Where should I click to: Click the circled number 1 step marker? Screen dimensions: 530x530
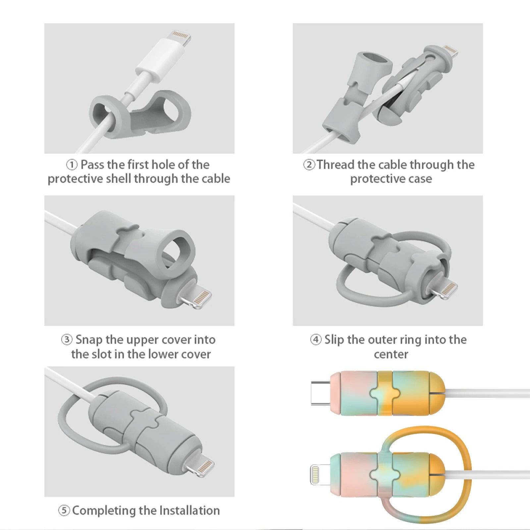point(72,165)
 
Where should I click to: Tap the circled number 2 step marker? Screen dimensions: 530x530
point(309,165)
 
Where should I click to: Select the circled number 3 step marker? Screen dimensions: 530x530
point(67,340)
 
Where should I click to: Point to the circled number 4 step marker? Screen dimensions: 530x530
point(316,340)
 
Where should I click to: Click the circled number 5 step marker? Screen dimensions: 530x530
point(64,510)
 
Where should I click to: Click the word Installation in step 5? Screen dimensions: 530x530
point(189,510)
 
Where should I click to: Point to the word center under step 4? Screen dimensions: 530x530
point(391,354)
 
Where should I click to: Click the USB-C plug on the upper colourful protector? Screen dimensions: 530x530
point(321,393)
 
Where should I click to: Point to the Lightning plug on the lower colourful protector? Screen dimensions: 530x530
point(321,474)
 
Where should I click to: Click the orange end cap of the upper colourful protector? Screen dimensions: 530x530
point(437,393)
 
